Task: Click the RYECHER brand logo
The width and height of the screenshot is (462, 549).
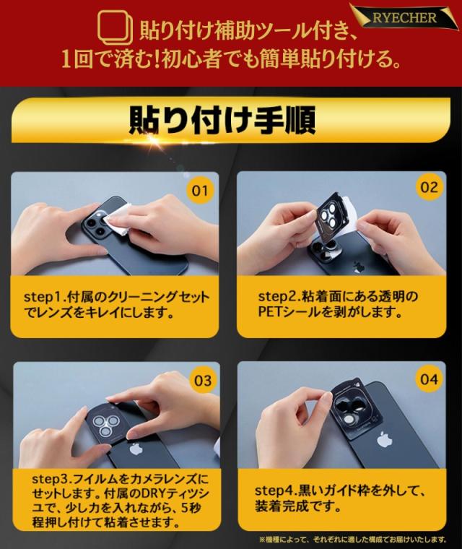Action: click(x=404, y=17)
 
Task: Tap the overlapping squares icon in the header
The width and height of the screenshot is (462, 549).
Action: click(x=115, y=28)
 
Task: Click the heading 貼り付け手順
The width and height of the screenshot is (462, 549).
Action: click(x=222, y=120)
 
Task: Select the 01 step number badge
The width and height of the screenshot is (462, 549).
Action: click(x=200, y=191)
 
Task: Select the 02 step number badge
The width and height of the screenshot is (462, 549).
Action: click(x=429, y=187)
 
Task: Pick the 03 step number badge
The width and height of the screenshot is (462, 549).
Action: click(x=203, y=381)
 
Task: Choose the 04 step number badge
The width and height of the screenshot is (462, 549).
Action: click(x=429, y=379)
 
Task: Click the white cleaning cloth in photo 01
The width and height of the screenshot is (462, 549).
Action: click(x=120, y=217)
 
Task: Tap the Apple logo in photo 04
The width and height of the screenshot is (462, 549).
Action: click(x=384, y=439)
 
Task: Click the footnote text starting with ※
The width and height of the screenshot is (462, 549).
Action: click(x=353, y=539)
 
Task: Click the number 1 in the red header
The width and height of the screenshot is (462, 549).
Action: click(x=66, y=59)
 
